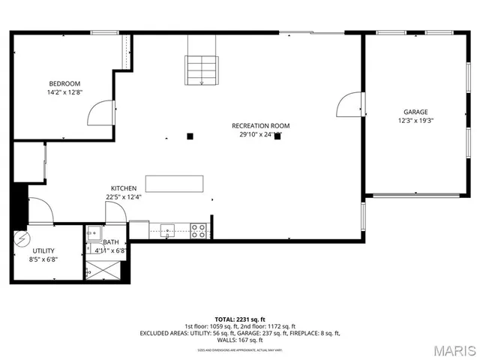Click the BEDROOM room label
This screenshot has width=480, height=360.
click(64, 83)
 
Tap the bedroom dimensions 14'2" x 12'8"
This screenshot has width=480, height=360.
click(64, 92)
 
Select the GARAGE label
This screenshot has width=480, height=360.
click(415, 110)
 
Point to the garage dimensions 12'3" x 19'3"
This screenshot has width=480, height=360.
click(415, 120)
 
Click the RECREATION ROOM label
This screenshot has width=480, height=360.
click(260, 125)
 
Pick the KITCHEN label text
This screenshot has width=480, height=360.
click(124, 187)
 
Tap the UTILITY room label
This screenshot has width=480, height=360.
click(43, 250)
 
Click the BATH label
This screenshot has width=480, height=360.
click(111, 241)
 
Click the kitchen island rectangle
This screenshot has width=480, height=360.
click(175, 184)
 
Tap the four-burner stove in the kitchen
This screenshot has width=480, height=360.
click(199, 230)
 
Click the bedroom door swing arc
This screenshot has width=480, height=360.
click(98, 112)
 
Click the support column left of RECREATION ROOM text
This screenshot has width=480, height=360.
click(190, 136)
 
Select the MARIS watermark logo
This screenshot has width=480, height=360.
click(448, 349)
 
